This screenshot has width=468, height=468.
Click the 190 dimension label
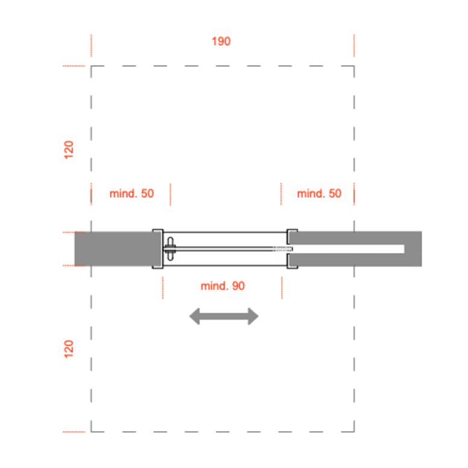coord(221,41)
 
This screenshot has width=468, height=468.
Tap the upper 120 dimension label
coord(69,150)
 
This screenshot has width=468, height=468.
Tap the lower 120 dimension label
coord(69,349)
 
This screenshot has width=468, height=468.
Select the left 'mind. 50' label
coord(131,194)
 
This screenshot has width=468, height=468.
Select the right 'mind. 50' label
coord(319,194)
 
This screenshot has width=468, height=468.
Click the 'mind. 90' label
coord(223,286)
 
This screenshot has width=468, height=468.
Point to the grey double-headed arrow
coord(224,317)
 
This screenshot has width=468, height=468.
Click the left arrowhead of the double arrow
coord(194,317)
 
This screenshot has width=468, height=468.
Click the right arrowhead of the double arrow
coord(253,317)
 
